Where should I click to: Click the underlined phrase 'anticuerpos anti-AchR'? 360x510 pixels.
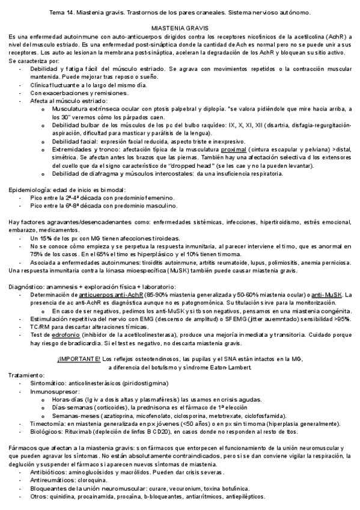(x=106, y=294)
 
